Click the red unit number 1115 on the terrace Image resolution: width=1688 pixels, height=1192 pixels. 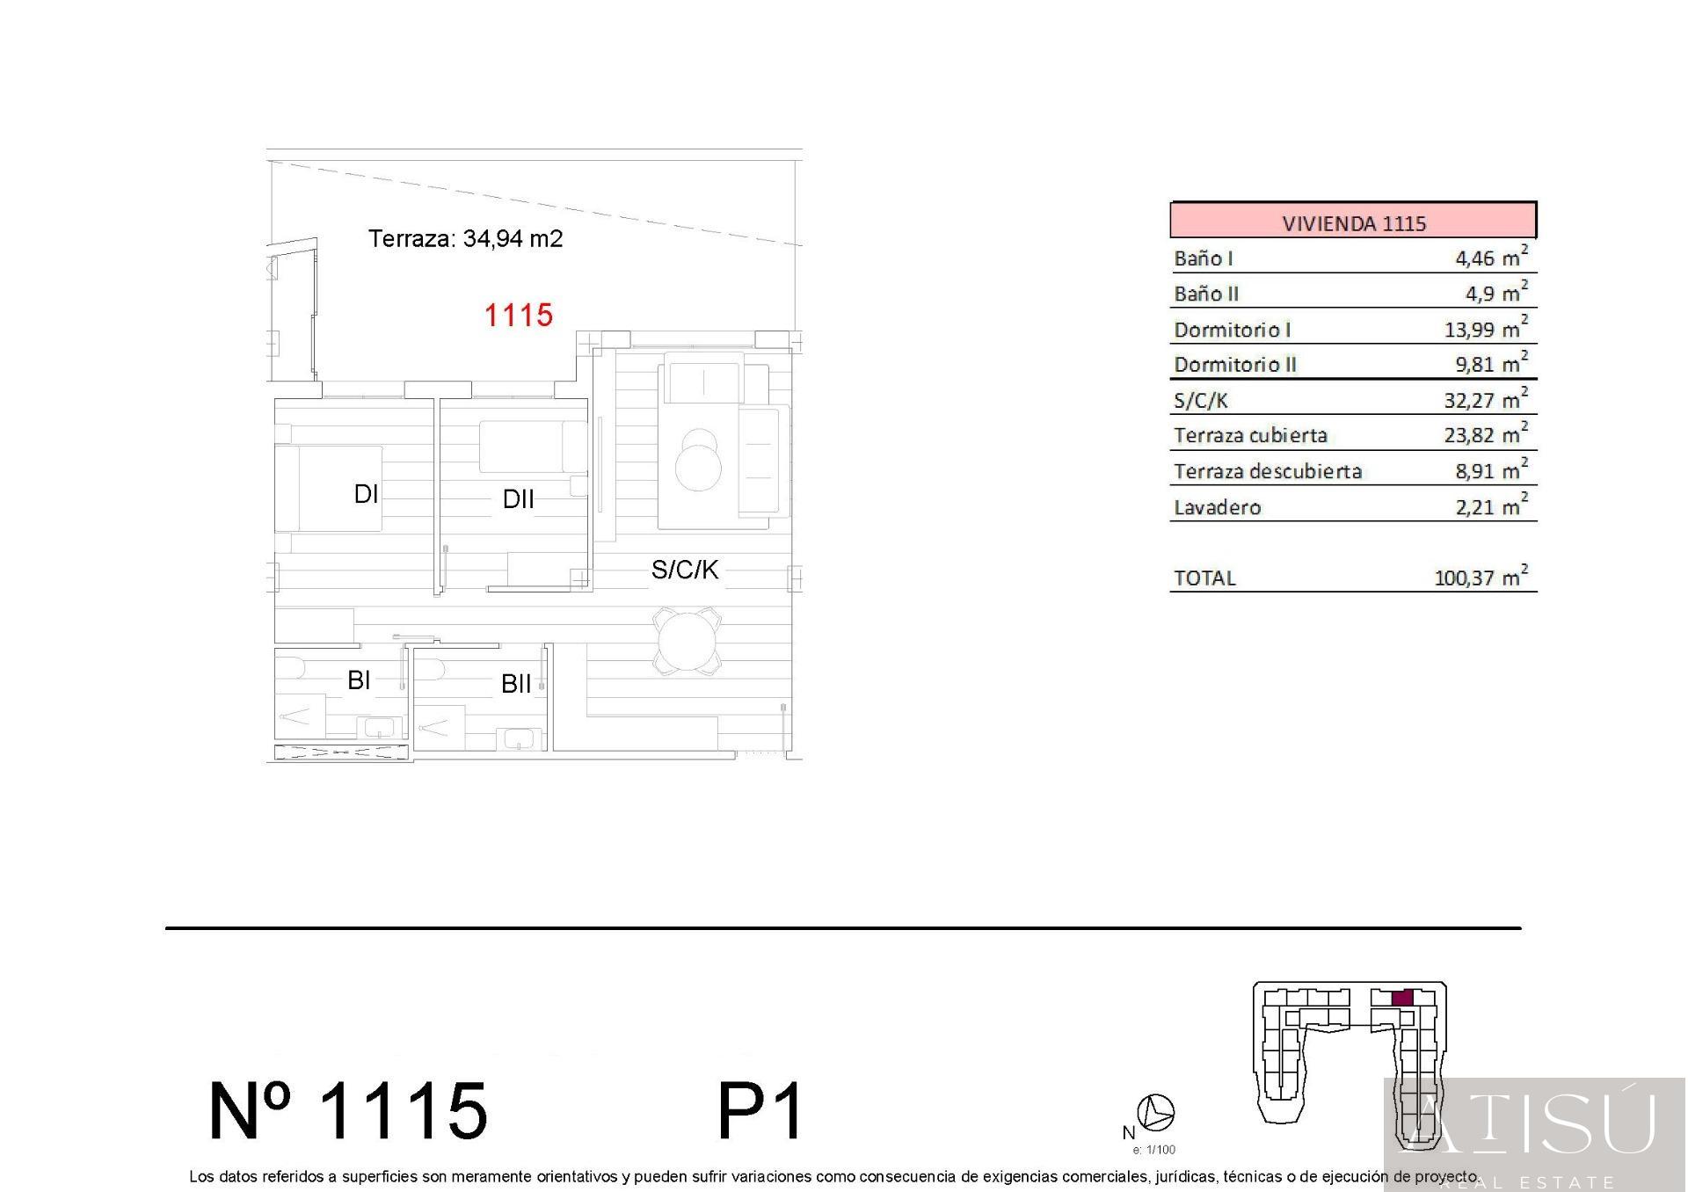[x=519, y=315]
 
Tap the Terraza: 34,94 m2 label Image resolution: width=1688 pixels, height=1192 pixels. [x=465, y=238]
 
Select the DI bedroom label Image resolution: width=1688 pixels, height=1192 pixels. [x=366, y=494]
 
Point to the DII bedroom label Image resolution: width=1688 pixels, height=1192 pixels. [x=518, y=499]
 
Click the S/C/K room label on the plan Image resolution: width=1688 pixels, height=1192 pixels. [x=685, y=570]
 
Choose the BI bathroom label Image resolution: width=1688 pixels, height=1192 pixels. [x=359, y=680]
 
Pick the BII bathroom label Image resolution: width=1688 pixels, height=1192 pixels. [x=516, y=684]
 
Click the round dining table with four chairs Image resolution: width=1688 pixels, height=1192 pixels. [x=687, y=642]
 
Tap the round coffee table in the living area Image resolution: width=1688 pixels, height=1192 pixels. [x=698, y=461]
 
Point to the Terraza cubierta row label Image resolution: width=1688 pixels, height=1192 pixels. [x=1250, y=435]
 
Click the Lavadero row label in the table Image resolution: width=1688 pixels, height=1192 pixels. [x=1217, y=507]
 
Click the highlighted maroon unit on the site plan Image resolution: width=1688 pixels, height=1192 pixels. [x=1402, y=998]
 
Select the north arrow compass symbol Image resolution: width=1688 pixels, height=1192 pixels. [x=1155, y=1113]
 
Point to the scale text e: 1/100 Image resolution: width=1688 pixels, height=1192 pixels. [x=1153, y=1150]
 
